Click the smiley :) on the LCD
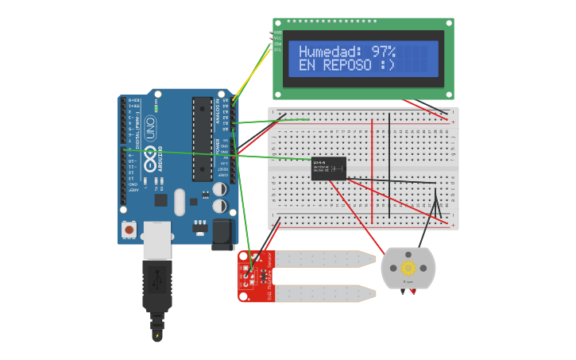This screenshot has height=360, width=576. pos(387,65)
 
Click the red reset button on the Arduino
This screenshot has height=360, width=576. pos(129,229)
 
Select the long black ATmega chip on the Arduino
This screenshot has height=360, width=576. pos(203,139)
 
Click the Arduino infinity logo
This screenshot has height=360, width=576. pos(149,153)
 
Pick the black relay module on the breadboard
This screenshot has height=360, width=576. pos(328,168)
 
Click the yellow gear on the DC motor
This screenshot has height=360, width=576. pos(408,268)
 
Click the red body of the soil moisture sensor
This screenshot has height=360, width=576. pos(256,276)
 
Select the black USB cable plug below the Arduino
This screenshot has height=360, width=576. pos(157,286)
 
